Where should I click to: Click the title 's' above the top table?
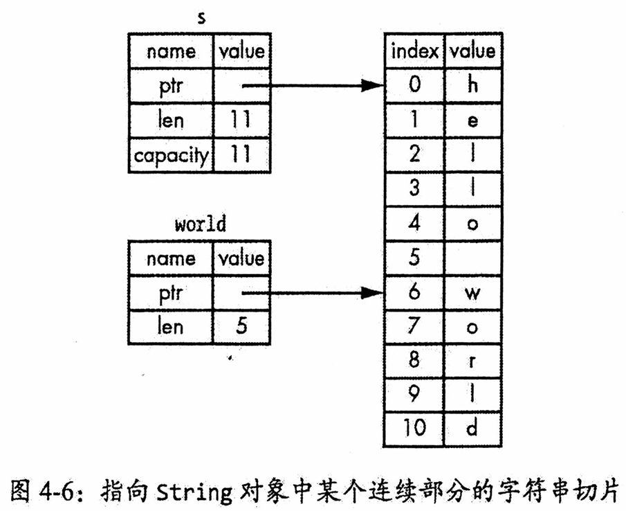201,19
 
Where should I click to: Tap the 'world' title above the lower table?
201,224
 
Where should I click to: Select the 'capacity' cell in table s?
171,155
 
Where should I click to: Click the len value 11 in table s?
241,120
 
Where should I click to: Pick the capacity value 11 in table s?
241,154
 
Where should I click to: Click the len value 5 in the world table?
241,326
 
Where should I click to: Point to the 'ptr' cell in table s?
171,86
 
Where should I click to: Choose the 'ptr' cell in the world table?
171,294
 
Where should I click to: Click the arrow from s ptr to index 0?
313,85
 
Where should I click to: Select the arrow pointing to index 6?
313,294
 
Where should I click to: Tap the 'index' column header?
414,51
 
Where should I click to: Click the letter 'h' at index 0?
472,84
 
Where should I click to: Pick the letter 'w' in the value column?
472,294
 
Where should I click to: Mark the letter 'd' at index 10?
472,428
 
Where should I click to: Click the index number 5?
414,257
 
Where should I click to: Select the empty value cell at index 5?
472,258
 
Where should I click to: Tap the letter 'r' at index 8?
472,361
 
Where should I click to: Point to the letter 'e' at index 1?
472,120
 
